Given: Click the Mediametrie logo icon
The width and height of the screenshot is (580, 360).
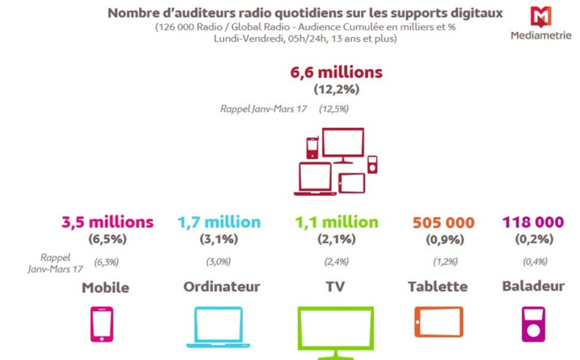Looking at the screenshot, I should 540,17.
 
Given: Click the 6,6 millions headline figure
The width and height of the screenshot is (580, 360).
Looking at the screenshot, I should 336,73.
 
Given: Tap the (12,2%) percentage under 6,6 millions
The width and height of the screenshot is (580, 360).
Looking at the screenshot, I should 336,90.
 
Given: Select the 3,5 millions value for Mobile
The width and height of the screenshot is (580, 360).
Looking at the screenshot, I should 107,222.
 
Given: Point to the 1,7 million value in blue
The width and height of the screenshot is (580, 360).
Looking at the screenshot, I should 218,222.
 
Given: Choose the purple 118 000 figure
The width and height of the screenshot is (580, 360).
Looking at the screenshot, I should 533,222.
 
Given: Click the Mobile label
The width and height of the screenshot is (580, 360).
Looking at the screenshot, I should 105,288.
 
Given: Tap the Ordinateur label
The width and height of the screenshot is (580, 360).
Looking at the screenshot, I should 218,287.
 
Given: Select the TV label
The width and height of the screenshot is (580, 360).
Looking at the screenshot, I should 335,287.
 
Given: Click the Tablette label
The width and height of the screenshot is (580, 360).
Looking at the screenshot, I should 437,287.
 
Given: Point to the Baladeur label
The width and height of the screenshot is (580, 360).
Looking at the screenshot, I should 533,287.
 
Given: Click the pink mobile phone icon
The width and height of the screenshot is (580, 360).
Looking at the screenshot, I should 101,324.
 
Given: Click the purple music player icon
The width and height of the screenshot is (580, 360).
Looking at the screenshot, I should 533,324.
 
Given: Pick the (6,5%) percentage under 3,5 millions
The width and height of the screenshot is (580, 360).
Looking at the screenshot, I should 107,239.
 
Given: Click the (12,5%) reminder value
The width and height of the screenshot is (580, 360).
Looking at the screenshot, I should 333,109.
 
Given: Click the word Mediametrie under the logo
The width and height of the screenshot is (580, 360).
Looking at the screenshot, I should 540,36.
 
